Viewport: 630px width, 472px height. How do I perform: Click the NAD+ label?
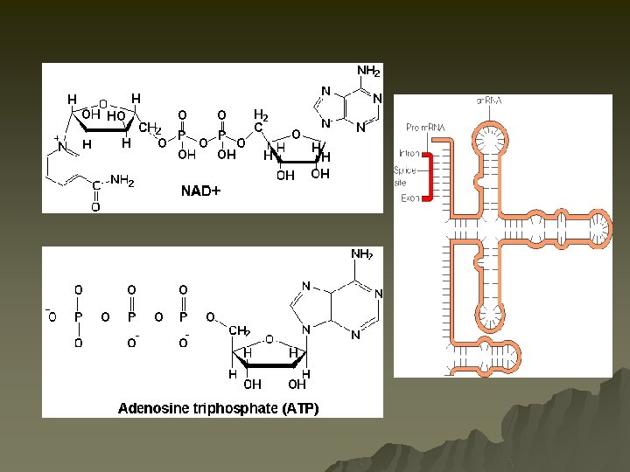point(200,190)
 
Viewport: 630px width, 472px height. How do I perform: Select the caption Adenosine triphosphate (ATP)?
point(218,408)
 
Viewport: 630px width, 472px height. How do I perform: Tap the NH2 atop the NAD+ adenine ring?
point(367,71)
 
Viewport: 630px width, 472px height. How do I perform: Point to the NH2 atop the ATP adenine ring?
point(362,254)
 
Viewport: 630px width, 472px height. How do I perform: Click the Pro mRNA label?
point(425,128)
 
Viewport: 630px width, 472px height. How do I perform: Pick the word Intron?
point(409,154)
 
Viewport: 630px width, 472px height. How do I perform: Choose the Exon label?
point(409,198)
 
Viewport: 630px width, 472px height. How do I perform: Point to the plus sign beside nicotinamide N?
point(57,138)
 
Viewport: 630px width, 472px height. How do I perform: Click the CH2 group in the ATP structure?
point(240,330)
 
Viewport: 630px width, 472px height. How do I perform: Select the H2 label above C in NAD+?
point(261,115)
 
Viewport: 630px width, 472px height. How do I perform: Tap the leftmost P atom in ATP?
point(78,316)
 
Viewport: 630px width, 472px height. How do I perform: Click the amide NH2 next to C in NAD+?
point(122,181)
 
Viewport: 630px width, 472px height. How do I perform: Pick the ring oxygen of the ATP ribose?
point(269,339)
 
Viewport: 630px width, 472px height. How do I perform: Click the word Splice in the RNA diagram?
point(405,171)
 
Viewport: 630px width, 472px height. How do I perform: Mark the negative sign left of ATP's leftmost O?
point(47,310)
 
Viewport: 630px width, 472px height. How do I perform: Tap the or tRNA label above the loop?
point(489,101)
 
